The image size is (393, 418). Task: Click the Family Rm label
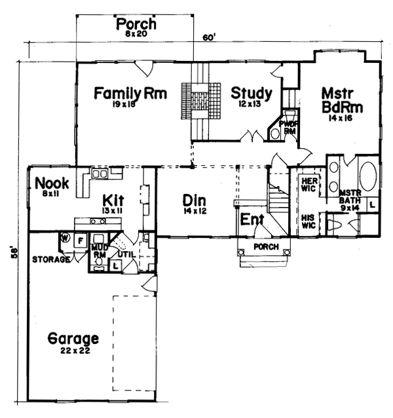(129, 94)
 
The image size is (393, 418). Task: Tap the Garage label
(74, 339)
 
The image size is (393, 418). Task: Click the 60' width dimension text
(209, 38)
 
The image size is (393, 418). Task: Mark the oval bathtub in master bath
(367, 176)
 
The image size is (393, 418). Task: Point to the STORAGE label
(50, 259)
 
